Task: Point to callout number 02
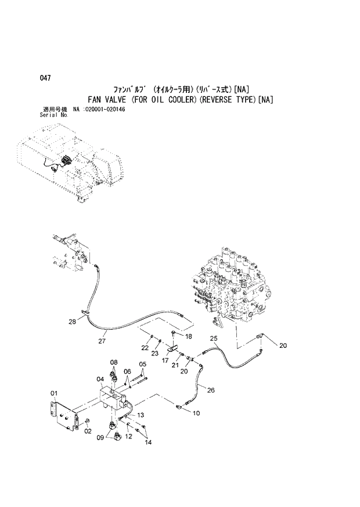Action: point(88,431)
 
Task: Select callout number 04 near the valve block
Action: point(99,380)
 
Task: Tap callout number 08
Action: point(114,362)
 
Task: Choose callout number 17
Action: point(165,361)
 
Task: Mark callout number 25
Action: point(214,338)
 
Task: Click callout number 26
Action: point(211,390)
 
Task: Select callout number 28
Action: point(72,321)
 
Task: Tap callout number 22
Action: point(145,347)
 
